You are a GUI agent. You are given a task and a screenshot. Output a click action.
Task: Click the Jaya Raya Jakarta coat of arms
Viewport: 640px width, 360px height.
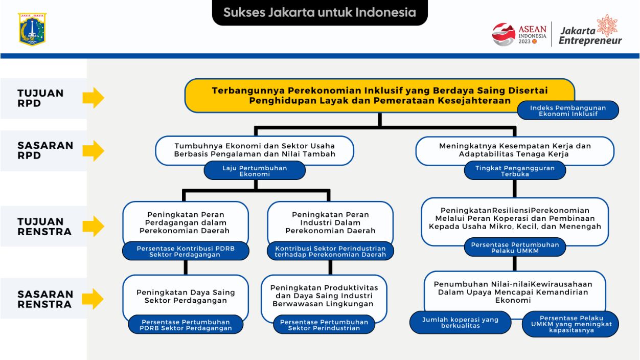tap(32, 29)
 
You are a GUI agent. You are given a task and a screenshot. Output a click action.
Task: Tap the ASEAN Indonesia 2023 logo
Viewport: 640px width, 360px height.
tap(519, 34)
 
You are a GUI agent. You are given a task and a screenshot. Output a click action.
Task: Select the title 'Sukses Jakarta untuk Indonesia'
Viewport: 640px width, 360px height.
tap(319, 13)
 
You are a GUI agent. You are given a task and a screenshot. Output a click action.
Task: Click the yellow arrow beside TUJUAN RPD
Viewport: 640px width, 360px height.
tap(94, 98)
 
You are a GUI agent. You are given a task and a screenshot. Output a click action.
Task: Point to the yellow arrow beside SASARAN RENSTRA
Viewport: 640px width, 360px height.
tap(93, 299)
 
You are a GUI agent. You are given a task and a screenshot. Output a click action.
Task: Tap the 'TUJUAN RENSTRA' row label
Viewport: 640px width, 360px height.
tap(44, 227)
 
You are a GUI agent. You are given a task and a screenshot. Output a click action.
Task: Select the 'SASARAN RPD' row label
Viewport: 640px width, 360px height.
tap(45, 150)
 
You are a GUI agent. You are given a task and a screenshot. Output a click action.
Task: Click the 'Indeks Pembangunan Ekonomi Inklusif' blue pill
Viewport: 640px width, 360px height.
tap(568, 110)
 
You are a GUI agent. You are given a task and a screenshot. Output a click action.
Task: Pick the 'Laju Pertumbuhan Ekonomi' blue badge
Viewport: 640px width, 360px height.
tap(255, 171)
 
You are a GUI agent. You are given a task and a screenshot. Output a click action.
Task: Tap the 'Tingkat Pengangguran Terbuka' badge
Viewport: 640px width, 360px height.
tap(515, 171)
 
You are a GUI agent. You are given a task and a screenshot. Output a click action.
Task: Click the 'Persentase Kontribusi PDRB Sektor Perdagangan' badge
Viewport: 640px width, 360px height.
tap(186, 252)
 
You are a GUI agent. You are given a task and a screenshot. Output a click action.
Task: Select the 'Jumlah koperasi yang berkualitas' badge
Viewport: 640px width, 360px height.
tap(460, 323)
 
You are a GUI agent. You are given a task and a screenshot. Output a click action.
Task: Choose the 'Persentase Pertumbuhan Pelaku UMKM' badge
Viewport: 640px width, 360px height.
tap(515, 247)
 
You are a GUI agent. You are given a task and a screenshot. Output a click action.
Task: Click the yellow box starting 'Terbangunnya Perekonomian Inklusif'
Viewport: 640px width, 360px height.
tap(379, 96)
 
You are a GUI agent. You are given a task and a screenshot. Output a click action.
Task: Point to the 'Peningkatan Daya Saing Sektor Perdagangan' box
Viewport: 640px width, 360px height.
tap(186, 297)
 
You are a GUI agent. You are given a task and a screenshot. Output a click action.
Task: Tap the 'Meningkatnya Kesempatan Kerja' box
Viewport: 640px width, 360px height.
tap(515, 150)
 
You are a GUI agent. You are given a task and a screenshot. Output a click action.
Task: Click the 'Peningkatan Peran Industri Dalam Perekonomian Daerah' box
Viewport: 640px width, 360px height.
tap(330, 222)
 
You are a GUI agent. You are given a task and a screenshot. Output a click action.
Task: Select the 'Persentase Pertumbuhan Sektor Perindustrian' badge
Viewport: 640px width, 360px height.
tap(324, 325)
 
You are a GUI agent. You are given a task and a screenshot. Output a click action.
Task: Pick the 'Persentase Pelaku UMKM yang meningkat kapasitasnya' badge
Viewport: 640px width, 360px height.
tap(571, 324)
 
